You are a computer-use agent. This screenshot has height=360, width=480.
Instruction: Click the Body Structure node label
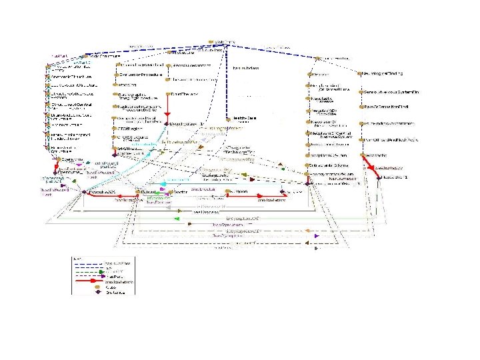106,56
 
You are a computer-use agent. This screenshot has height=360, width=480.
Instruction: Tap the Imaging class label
126,85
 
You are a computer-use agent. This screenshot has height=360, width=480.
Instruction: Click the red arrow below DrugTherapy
177,110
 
